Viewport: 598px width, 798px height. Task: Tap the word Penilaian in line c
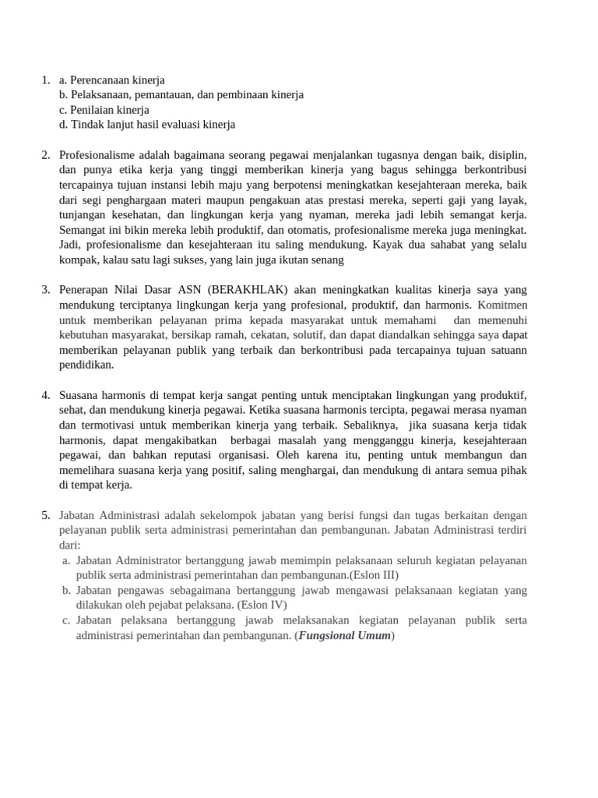(92, 110)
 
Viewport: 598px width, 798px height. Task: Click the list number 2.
(45, 155)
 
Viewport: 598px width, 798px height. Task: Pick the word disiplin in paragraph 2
(508, 155)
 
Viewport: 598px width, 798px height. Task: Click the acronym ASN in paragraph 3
(185, 290)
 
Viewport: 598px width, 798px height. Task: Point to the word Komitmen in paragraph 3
(502, 305)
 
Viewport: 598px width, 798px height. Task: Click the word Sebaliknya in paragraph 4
(368, 425)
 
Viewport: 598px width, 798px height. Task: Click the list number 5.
(45, 515)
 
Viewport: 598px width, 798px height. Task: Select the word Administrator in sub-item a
(149, 560)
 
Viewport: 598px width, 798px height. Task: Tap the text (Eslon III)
(373, 575)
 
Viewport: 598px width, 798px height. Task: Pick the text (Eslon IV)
(262, 605)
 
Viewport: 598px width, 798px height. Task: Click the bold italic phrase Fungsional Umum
(345, 635)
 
